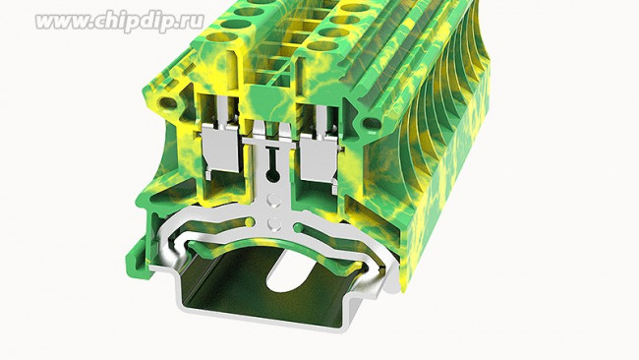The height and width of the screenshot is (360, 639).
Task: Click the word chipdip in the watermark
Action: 137,22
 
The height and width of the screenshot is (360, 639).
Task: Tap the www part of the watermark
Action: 62,22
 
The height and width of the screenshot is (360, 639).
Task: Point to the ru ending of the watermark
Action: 194,22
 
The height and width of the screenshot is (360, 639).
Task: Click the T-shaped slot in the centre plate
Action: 271,157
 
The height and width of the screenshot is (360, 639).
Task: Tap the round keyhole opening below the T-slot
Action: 272,175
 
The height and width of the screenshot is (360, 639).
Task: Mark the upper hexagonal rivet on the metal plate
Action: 273,201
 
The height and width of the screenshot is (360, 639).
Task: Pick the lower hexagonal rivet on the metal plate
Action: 273,223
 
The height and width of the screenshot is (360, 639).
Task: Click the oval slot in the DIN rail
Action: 293,270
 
